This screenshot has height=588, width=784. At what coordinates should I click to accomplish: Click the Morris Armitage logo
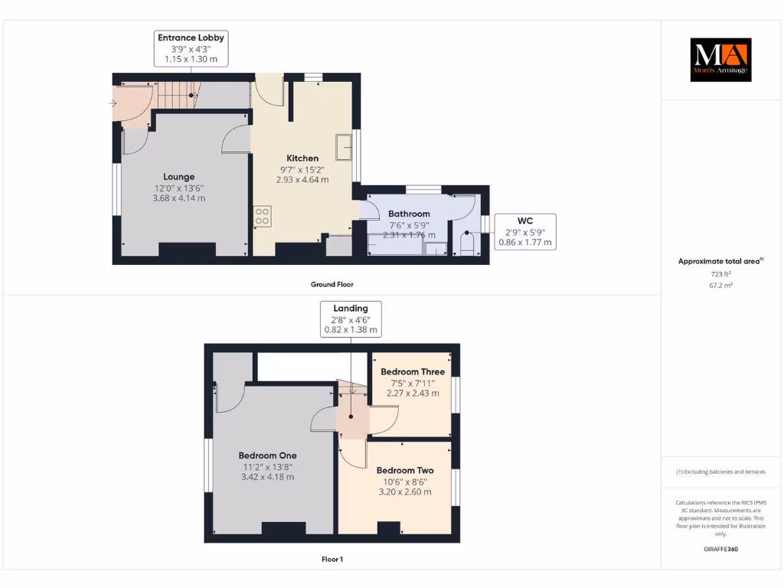click(x=720, y=60)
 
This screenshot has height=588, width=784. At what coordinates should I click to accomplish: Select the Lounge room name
click(x=178, y=177)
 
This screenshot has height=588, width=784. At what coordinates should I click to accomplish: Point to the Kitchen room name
click(x=302, y=158)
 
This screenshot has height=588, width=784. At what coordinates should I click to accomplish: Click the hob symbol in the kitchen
click(x=263, y=216)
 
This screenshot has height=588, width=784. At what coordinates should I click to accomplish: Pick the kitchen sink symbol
click(x=344, y=145)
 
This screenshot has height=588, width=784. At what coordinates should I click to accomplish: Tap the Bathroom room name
click(x=409, y=214)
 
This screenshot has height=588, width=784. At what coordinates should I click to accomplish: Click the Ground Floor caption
click(x=332, y=284)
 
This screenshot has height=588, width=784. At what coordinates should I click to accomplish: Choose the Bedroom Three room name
click(x=412, y=372)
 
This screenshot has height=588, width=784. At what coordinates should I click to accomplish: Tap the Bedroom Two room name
click(x=404, y=470)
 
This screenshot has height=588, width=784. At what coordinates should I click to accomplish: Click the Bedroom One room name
click(x=267, y=456)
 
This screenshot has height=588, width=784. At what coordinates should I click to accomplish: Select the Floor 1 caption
click(x=332, y=559)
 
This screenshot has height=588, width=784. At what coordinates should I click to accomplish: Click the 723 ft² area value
click(x=720, y=273)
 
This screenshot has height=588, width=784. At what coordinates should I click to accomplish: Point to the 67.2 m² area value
click(x=720, y=285)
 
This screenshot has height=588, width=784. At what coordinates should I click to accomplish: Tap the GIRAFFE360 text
click(x=720, y=549)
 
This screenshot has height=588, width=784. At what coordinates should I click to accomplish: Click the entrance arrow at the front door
click(x=113, y=103)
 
